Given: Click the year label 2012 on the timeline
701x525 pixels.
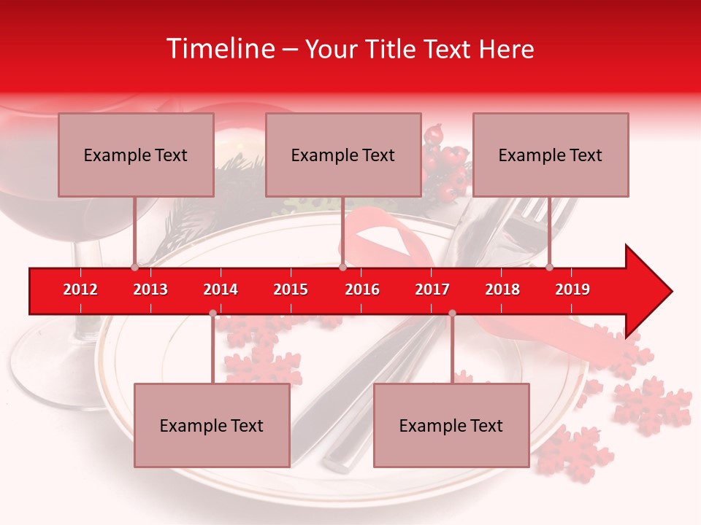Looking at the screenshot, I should tap(80, 289).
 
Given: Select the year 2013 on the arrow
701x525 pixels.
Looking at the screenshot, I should tap(150, 289).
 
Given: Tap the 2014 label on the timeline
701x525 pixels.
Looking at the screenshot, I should tap(221, 289).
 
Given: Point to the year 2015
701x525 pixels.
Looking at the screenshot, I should tap(291, 289).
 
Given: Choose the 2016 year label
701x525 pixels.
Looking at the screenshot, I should tap(362, 289).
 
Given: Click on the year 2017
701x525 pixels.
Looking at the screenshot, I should tap(432, 289).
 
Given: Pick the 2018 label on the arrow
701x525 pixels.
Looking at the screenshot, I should tap(502, 289).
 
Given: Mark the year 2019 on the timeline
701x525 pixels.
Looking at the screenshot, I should tap(572, 289).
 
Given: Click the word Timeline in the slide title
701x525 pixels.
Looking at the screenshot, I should tap(219, 49).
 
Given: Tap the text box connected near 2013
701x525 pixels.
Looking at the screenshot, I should tap(136, 155).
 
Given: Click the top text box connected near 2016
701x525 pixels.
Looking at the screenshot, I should tap(343, 155).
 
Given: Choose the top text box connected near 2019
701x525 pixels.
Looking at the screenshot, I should tap(551, 155).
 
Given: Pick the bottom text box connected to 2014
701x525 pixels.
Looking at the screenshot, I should tap(212, 425).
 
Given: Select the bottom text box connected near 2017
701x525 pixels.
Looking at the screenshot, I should tap(451, 425).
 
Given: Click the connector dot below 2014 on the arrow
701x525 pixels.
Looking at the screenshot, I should tap(212, 314).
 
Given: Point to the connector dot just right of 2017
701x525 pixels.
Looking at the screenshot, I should tap(452, 314).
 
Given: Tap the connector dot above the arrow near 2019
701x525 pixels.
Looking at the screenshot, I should tap(549, 267).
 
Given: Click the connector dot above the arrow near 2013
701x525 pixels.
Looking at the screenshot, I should tap(134, 267).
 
